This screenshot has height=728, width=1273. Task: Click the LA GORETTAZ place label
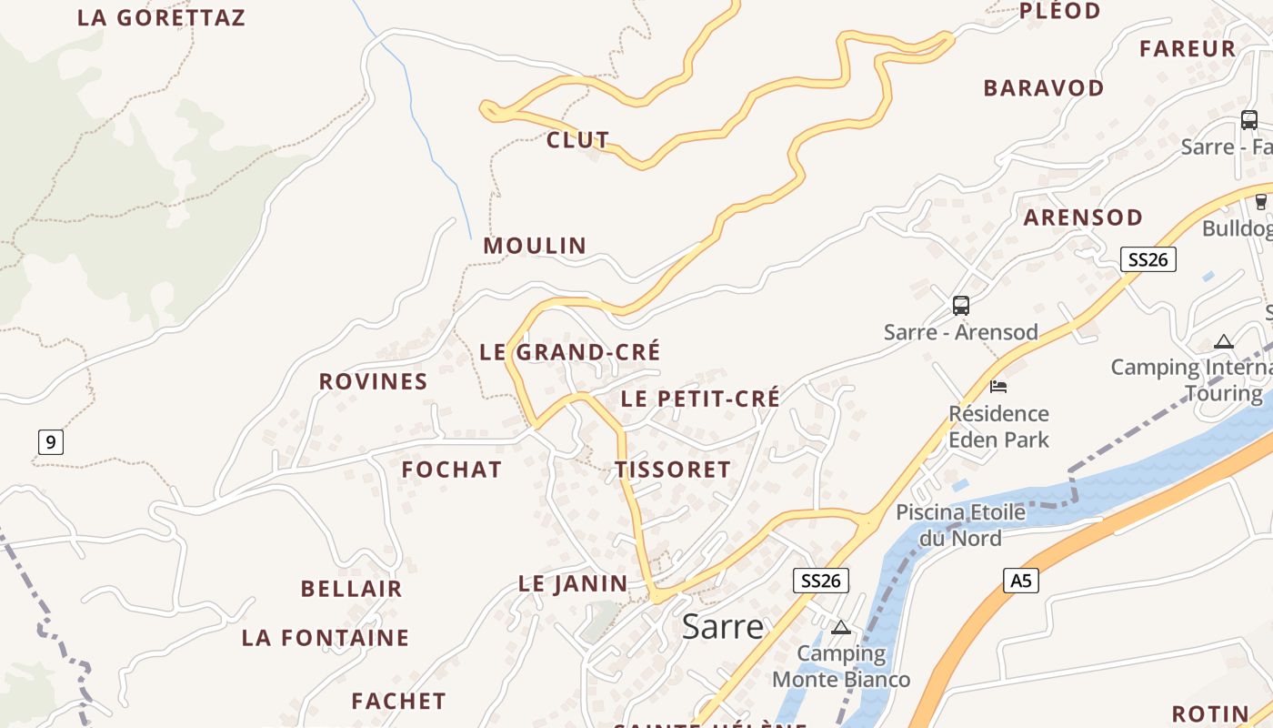tap(161, 18)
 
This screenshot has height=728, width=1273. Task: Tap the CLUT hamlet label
tap(577, 140)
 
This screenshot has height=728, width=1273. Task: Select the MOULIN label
tap(535, 246)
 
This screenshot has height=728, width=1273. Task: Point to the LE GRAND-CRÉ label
tap(570, 352)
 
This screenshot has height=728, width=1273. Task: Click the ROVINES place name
tap(373, 381)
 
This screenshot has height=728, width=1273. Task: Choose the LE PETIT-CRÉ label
tap(700, 399)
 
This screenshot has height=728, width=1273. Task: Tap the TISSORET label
tap(673, 470)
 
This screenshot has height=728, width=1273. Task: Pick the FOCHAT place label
tap(452, 470)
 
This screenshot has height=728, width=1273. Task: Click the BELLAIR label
tap(351, 589)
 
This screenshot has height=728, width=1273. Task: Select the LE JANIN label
tap(573, 584)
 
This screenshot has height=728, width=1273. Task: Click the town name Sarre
tap(722, 627)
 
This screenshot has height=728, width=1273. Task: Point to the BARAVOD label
tap(1044, 88)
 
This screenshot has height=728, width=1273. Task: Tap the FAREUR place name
tap(1188, 49)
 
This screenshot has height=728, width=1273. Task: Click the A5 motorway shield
tap(1021, 580)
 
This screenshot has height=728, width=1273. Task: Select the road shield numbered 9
tap(51, 443)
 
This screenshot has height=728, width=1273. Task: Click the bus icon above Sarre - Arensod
tap(961, 306)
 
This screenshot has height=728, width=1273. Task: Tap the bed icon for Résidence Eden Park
tap(998, 387)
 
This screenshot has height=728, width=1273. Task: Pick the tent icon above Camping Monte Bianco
tap(841, 627)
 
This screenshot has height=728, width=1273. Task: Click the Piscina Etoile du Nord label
tap(960, 525)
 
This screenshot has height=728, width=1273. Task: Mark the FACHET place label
tap(398, 702)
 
